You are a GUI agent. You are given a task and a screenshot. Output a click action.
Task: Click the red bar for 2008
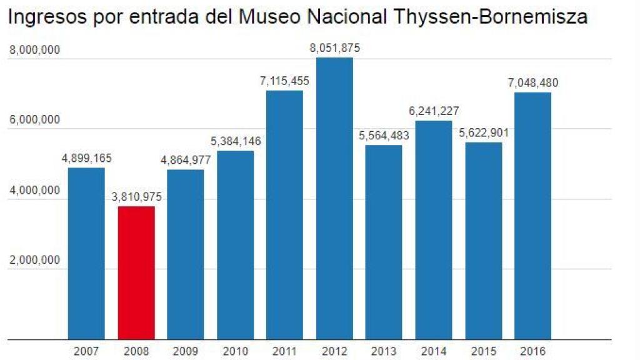(x=136, y=273)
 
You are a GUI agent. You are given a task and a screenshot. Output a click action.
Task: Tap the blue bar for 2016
(x=532, y=216)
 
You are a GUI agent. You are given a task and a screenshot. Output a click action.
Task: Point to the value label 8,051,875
(x=335, y=48)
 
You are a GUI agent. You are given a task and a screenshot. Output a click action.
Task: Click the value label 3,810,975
(x=136, y=197)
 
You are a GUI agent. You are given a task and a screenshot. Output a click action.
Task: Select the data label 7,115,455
(x=285, y=81)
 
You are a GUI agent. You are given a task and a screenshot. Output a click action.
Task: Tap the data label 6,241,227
(x=434, y=111)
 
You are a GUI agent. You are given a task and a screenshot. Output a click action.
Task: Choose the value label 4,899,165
(x=86, y=158)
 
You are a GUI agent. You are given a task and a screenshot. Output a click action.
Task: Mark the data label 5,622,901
(x=483, y=132)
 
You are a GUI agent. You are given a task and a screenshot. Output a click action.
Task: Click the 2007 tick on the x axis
(x=86, y=352)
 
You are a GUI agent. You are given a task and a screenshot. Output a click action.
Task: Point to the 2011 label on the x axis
(x=285, y=352)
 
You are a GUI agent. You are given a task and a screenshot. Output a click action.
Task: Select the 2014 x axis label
(x=434, y=352)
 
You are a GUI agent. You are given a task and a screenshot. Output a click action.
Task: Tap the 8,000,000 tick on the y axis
(x=34, y=51)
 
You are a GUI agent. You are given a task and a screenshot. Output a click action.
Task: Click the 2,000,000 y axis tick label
(x=34, y=261)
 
